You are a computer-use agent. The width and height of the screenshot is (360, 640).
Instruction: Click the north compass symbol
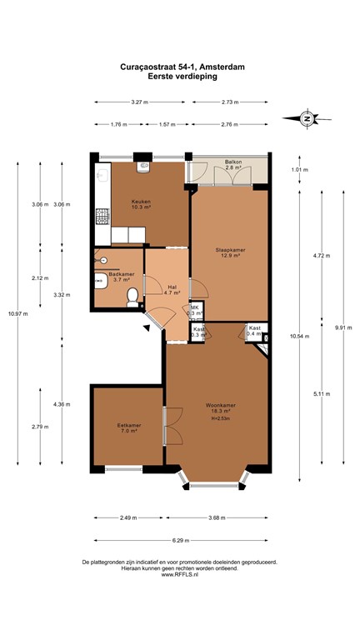pos(307,118)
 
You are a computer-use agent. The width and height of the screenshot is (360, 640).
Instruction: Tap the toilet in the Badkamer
pos(131,297)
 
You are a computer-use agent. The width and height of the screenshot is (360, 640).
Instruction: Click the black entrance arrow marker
pos(147,330)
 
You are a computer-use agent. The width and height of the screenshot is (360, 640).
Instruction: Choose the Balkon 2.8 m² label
pos(232,165)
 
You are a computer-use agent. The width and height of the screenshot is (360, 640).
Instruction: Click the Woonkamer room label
pos(217,408)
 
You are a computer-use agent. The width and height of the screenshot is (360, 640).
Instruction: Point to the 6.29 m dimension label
pos(180,539)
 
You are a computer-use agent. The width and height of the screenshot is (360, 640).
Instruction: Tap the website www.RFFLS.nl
pos(180,574)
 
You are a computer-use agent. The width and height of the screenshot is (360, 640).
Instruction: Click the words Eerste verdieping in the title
pos(180,77)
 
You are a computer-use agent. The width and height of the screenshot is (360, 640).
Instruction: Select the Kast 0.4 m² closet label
pos(254,331)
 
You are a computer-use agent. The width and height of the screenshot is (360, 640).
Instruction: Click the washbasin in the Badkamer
pos(99,280)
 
